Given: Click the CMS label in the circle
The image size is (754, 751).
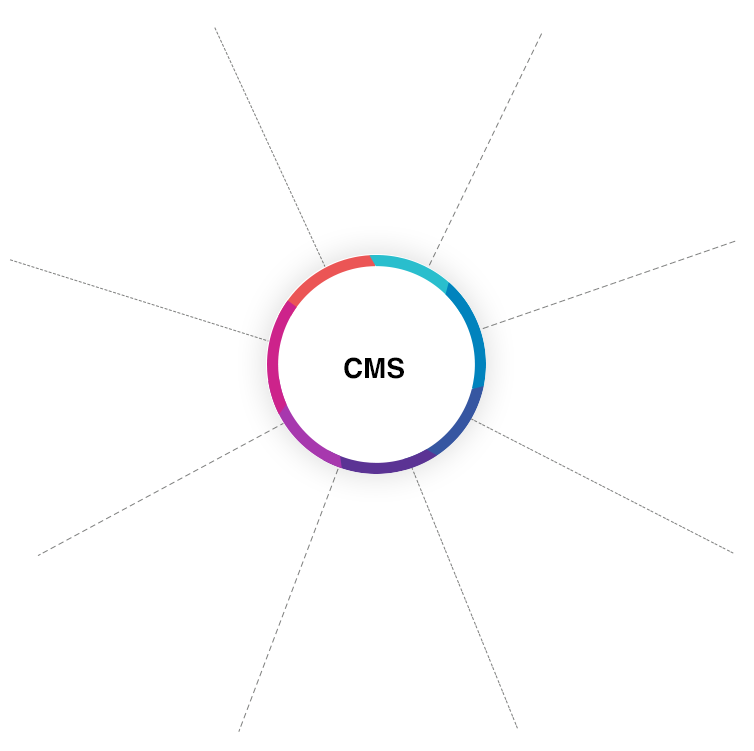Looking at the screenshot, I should pyautogui.click(x=374, y=369).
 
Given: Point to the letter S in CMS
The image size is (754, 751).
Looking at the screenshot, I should pyautogui.click(x=395, y=369).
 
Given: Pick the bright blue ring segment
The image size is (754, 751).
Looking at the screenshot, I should pyautogui.click(x=474, y=330).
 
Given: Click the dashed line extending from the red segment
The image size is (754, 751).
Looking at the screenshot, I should pyautogui.click(x=312, y=241).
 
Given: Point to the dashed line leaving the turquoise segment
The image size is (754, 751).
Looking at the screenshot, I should pyautogui.click(x=441, y=240).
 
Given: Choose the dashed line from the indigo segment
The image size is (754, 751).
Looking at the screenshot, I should pyautogui.click(x=497, y=432).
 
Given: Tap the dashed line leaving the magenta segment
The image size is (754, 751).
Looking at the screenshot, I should pyautogui.click(x=249, y=334).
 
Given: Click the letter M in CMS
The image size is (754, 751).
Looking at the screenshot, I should pyautogui.click(x=374, y=369).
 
